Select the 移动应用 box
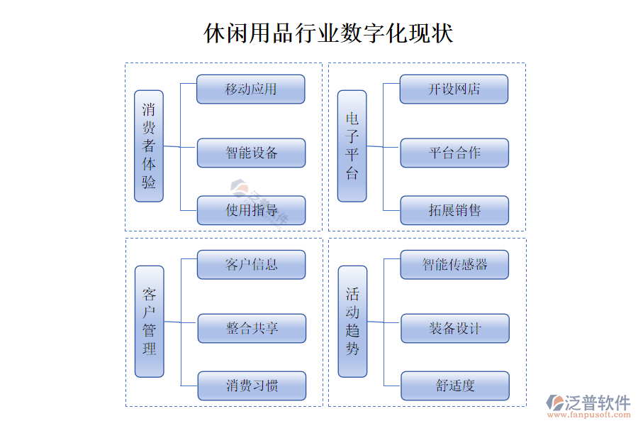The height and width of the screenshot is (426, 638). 251,89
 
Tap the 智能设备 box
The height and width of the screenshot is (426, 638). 251,153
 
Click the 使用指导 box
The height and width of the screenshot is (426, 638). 251,210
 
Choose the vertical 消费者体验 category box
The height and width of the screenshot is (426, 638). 149,146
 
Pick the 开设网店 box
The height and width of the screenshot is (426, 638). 454,89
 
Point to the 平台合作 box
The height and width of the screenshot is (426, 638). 454,153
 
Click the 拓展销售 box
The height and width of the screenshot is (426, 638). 454,210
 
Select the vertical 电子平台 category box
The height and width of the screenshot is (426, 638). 352,146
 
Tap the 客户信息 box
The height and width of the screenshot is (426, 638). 252,265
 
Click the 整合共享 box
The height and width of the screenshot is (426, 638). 252,328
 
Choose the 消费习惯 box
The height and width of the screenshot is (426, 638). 252,386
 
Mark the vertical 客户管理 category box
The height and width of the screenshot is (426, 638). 150,322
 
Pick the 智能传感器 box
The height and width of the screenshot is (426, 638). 454,265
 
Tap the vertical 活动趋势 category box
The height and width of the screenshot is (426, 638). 353,322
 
